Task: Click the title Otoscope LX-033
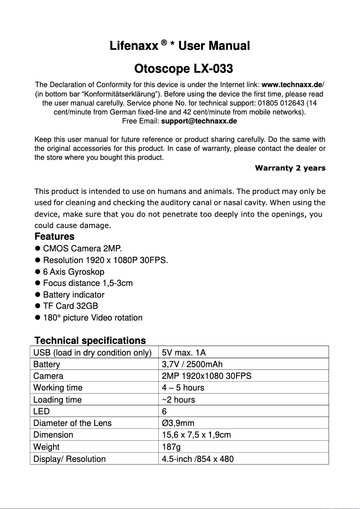point(184,69)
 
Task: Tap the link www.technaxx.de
point(292,85)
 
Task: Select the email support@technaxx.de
point(199,121)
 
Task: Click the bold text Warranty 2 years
point(290,168)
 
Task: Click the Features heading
point(54,237)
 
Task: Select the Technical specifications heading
point(90,340)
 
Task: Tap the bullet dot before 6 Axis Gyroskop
point(38,272)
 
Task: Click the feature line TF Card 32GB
point(70,306)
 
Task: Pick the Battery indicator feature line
point(74,295)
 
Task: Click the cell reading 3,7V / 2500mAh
point(192,364)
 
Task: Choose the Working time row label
point(58,387)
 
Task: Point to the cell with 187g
point(171,447)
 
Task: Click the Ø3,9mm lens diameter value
point(178,423)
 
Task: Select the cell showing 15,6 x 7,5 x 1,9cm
point(196,435)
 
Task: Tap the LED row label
point(41,411)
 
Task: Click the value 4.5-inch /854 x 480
point(198,459)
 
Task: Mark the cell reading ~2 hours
point(179,399)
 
